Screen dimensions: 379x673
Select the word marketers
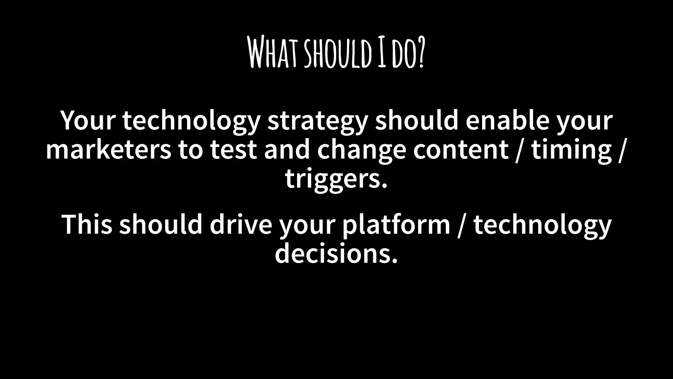tap(108, 150)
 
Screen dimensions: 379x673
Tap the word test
tap(233, 150)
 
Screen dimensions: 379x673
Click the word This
tap(87, 224)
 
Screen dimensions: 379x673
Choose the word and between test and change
tap(287, 150)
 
